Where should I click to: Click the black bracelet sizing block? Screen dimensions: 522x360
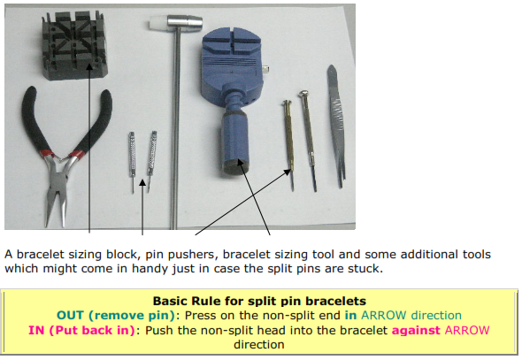pyautogui.click(x=74, y=45)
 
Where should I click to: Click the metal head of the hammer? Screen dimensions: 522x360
pyautogui.click(x=184, y=21)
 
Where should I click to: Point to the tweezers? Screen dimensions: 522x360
pyautogui.click(x=336, y=126)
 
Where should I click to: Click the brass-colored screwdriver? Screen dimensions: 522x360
pyautogui.click(x=289, y=145)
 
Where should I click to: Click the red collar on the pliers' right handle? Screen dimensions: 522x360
pyautogui.click(x=77, y=154)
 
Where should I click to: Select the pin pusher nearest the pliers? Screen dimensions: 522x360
pyautogui.click(x=132, y=162)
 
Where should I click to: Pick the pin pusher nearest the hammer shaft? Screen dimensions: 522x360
pyautogui.click(x=151, y=160)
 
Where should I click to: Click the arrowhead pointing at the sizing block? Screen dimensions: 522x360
pyautogui.click(x=88, y=67)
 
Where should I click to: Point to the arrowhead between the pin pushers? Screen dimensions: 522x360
pyautogui.click(x=142, y=184)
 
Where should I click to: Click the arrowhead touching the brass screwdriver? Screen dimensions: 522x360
pyautogui.click(x=287, y=172)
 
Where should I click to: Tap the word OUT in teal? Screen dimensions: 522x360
pyautogui.click(x=70, y=315)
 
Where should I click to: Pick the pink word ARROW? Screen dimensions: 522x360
pyautogui.click(x=467, y=331)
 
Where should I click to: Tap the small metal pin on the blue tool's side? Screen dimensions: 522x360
pyautogui.click(x=265, y=69)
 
